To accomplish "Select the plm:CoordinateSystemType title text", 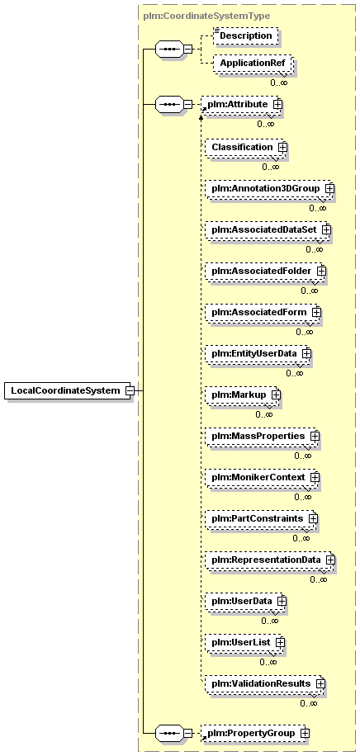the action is pyautogui.click(x=206, y=16).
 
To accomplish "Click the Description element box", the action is pyautogui.click(x=246, y=36).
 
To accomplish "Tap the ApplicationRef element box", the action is pyautogui.click(x=253, y=64).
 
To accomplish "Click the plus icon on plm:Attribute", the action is pyautogui.click(x=277, y=104).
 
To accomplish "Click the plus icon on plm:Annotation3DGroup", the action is pyautogui.click(x=329, y=188).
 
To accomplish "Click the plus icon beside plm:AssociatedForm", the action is pyautogui.click(x=316, y=313).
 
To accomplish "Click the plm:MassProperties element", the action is pyautogui.click(x=262, y=437).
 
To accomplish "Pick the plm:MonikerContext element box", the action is pyautogui.click(x=262, y=477).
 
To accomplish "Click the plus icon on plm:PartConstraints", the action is pyautogui.click(x=314, y=519).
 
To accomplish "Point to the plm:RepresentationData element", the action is pyautogui.click(x=270, y=560).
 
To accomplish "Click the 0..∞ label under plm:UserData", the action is pyautogui.click(x=269, y=621).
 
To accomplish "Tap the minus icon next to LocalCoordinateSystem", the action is pyautogui.click(x=130, y=390).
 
